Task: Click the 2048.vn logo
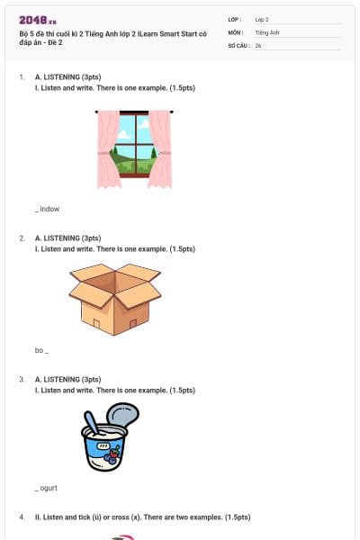[38, 20]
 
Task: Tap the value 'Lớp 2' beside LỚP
[263, 19]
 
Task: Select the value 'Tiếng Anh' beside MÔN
[267, 31]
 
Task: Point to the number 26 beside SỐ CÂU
[258, 45]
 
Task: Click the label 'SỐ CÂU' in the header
[237, 45]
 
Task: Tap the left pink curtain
[109, 148]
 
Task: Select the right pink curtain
[160, 148]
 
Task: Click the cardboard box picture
[114, 298]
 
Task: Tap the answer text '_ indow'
[48, 209]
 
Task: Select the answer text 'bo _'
[41, 350]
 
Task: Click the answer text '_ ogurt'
[48, 488]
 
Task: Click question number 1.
[22, 78]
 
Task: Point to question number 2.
[22, 238]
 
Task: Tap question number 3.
[22, 380]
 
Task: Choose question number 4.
[22, 517]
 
